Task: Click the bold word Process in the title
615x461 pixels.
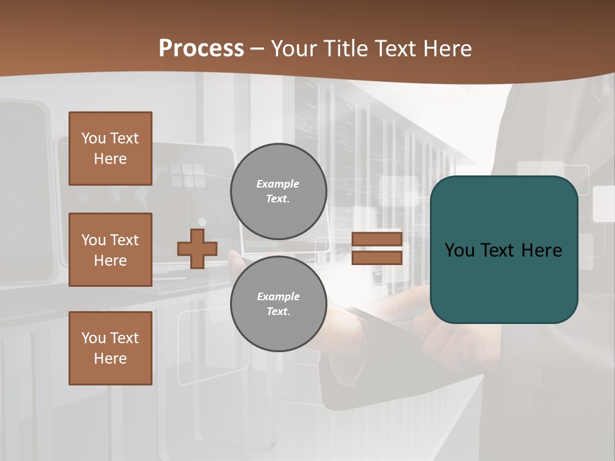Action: [201, 48]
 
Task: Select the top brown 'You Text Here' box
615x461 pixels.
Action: [110, 149]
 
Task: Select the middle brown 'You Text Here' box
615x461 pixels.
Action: [110, 250]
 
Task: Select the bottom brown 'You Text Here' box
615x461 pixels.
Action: [110, 348]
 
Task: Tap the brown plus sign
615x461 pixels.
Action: [197, 248]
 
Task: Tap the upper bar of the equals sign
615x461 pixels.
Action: [377, 239]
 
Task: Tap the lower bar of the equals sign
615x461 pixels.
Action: [377, 257]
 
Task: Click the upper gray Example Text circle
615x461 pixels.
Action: [278, 191]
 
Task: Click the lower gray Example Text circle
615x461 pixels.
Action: [278, 304]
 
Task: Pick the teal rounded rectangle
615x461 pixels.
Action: [504, 250]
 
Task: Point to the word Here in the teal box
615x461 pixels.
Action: [541, 250]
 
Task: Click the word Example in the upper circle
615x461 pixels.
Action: [278, 184]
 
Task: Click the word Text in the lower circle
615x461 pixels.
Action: [278, 312]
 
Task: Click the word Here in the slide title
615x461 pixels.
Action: [446, 48]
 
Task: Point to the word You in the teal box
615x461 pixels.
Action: [460, 250]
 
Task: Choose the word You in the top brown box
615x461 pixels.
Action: [94, 138]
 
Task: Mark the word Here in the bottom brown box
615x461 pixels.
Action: [110, 359]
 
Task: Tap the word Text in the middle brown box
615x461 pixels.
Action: [124, 239]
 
